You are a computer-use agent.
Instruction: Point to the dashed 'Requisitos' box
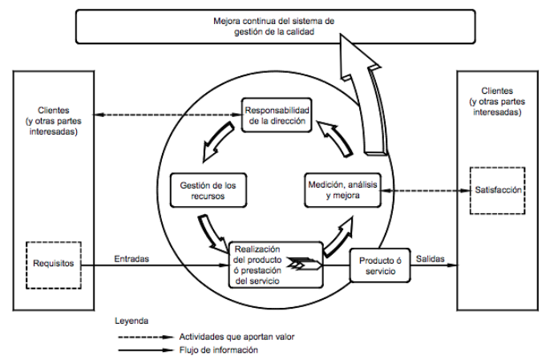[53, 262]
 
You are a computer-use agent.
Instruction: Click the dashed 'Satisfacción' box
[496, 190]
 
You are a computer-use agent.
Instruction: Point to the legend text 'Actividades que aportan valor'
[232, 337]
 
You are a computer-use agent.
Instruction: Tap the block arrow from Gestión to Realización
[216, 235]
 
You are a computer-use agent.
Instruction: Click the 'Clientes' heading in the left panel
[53, 109]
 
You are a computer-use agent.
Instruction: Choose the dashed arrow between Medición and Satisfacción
[425, 190]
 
